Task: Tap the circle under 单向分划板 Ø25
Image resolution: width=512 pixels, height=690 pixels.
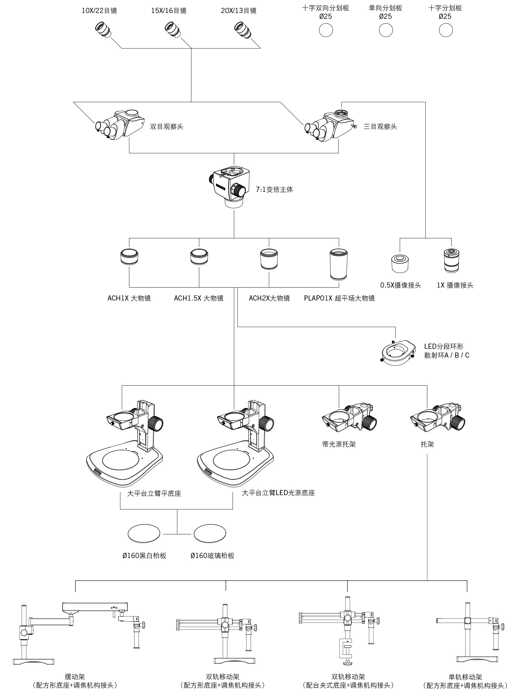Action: pyautogui.click(x=386, y=30)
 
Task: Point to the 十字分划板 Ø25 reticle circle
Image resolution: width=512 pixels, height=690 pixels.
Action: pyautogui.click(x=446, y=30)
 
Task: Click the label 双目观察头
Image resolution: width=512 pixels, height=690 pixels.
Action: pyautogui.click(x=167, y=127)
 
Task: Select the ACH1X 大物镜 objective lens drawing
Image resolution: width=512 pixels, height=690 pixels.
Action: pyautogui.click(x=129, y=256)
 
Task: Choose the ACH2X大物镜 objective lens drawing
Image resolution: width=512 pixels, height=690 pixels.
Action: pyautogui.click(x=269, y=259)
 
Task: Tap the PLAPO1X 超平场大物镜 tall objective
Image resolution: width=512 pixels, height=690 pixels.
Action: pyautogui.click(x=339, y=264)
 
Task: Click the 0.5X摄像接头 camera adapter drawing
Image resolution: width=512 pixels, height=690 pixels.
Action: pyautogui.click(x=400, y=264)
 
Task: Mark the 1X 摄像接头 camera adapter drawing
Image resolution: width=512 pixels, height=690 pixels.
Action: pyautogui.click(x=451, y=261)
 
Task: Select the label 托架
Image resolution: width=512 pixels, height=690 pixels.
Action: pyautogui.click(x=427, y=444)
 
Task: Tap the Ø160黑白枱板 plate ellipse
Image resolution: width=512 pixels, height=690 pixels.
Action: pyautogui.click(x=144, y=533)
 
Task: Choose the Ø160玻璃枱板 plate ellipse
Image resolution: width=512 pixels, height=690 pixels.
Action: pyautogui.click(x=210, y=533)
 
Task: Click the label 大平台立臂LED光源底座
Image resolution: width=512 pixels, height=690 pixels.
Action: pyautogui.click(x=278, y=493)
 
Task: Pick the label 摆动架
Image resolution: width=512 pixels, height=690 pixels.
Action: pyautogui.click(x=75, y=676)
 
